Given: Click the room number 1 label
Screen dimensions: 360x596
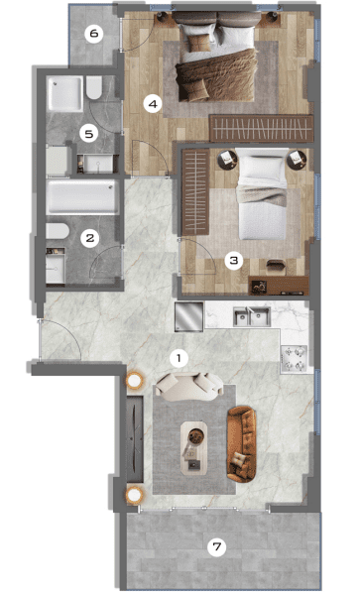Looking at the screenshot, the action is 180,358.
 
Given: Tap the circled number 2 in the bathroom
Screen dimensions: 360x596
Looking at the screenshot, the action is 90,238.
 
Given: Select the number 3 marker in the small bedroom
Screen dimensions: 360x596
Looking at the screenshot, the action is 234,261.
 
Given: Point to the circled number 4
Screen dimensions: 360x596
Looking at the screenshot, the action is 153,104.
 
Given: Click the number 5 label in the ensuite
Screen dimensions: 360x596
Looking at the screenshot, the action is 89,134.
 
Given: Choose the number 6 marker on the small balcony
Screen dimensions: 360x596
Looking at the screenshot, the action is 94,34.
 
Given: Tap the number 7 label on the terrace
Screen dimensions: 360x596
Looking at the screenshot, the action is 216,547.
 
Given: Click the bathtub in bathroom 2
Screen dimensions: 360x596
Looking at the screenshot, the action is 81,197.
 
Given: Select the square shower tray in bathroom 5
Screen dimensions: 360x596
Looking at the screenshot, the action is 65,93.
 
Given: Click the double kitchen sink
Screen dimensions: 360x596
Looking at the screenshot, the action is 252,317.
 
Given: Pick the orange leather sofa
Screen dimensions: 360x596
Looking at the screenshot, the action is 241,444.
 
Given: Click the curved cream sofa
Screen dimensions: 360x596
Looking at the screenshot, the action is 189,387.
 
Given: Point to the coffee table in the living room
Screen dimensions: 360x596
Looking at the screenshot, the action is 193,448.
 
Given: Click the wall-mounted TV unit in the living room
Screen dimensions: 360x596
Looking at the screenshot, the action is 135,438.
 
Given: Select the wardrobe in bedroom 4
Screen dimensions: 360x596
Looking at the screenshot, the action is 262,129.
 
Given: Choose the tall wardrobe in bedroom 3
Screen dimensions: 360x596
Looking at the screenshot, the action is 195,192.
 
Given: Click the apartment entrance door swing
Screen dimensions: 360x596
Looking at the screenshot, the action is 60,339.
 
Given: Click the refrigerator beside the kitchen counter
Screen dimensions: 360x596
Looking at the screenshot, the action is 189,316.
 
